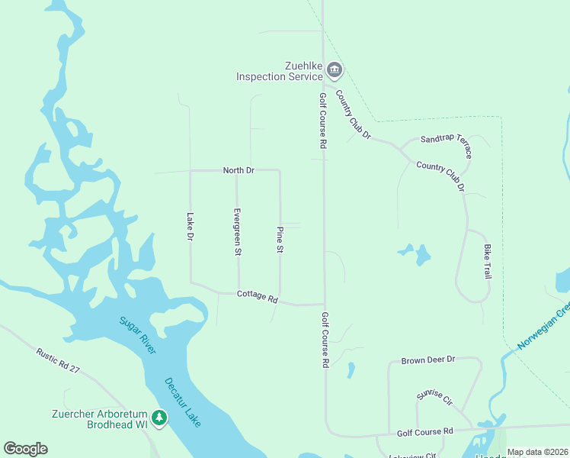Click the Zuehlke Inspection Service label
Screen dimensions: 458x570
pos(280,71)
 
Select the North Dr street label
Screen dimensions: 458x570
pos(238,169)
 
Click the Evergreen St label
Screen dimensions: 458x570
pos(238,231)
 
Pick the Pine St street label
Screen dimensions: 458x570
pos(280,240)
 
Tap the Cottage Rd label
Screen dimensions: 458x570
pos(258,295)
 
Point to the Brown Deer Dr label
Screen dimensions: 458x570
pos(427,359)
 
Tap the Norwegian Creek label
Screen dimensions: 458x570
pos(543,327)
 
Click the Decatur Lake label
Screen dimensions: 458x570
pos(183,400)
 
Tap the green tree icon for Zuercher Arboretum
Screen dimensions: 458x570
pos(159,418)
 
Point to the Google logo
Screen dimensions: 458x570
pos(25,449)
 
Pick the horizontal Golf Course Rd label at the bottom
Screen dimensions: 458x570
pos(425,432)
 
